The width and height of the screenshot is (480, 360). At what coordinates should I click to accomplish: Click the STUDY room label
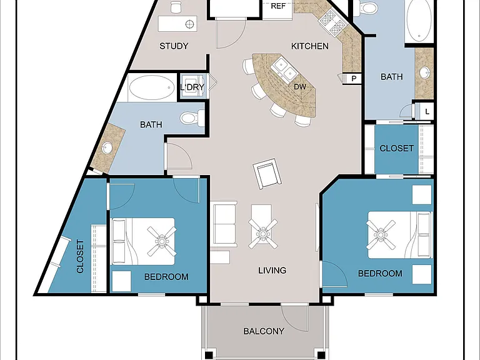(x=174, y=46)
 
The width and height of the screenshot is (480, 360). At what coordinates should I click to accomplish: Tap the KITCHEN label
(x=310, y=46)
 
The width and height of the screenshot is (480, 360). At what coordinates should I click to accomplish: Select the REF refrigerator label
(x=278, y=6)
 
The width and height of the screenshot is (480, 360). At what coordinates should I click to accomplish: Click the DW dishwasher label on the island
(x=300, y=87)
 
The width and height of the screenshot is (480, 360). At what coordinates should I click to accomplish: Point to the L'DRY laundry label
(x=192, y=87)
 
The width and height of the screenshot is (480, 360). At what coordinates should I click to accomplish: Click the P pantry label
(x=354, y=79)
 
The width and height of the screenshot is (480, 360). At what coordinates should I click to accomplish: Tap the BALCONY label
(x=264, y=331)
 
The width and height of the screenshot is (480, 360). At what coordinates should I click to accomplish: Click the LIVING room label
(x=272, y=270)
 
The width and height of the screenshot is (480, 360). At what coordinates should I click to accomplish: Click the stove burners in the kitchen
(x=332, y=21)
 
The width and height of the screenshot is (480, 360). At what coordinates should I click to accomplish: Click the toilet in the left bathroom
(x=192, y=118)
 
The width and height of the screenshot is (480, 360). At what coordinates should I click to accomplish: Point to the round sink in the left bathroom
(x=107, y=148)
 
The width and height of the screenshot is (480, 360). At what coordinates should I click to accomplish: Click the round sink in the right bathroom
(x=424, y=73)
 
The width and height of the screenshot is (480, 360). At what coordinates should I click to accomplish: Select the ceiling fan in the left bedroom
(x=162, y=241)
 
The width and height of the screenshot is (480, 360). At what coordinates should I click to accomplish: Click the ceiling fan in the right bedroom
(x=381, y=234)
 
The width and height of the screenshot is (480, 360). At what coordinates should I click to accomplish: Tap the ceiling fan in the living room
(x=263, y=234)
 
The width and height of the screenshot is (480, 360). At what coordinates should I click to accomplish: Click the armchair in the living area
(x=267, y=174)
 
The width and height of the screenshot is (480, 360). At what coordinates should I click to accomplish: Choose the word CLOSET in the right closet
(x=396, y=149)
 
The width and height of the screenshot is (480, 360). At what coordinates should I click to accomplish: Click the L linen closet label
(x=427, y=112)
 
